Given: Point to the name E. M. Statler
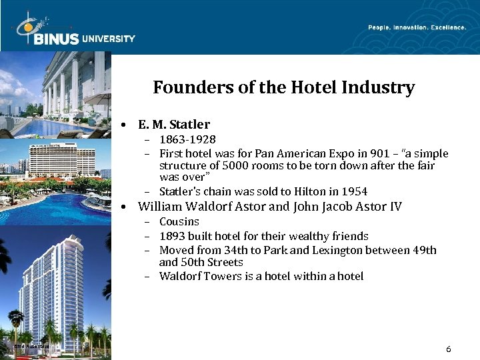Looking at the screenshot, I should coord(174,124).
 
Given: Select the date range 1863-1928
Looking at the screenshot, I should coord(187,139).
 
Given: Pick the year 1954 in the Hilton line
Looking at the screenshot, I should coord(354,191).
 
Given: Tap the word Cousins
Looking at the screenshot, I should coord(179,221).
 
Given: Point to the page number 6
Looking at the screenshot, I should coord(449,349).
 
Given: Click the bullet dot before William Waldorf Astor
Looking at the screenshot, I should coord(125,207).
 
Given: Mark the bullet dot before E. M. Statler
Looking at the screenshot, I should coord(125,125).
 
